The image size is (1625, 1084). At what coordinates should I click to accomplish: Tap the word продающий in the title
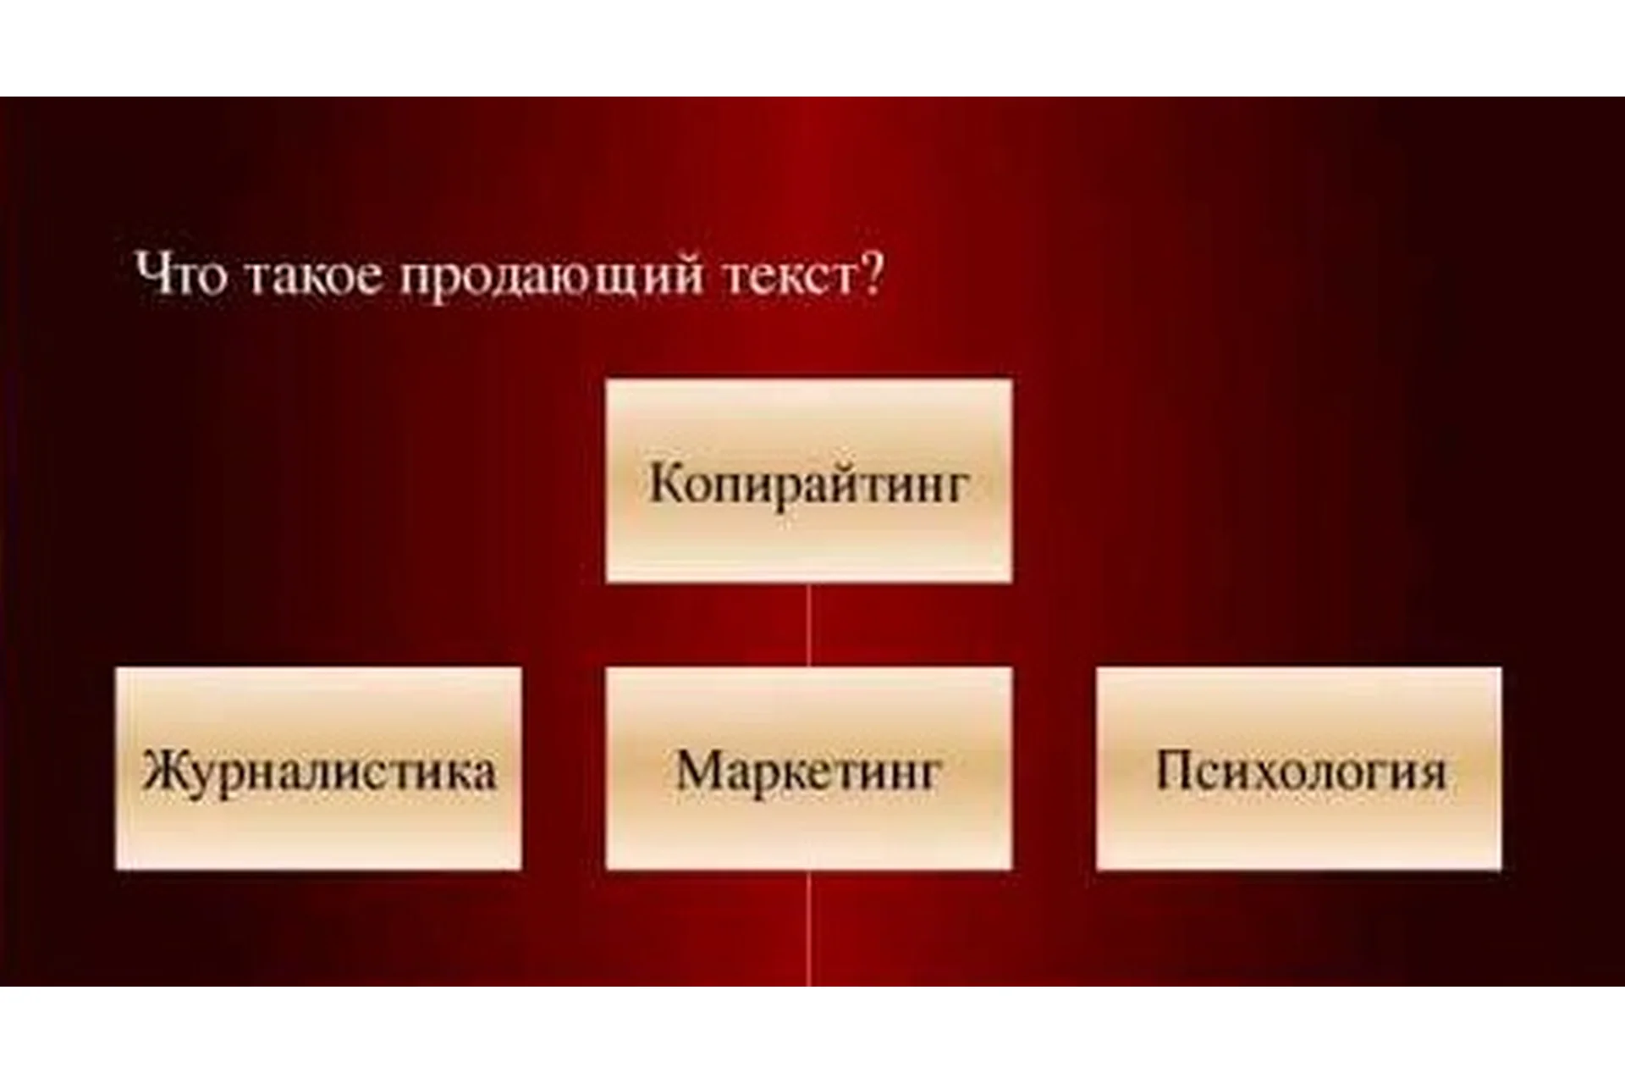(551, 278)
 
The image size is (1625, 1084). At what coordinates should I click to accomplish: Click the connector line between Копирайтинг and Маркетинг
(808, 624)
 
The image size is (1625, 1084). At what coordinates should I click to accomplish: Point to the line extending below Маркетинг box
(808, 927)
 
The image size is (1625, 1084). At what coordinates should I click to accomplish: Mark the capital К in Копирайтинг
(665, 484)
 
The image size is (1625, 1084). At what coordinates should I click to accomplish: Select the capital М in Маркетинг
(697, 771)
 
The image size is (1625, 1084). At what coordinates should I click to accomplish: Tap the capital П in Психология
(1175, 771)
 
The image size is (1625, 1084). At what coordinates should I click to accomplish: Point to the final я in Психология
(1429, 773)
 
